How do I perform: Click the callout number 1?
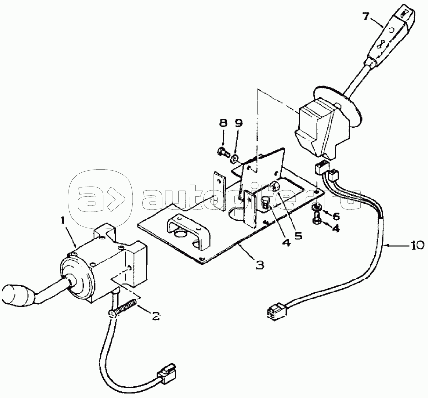[x=63, y=220]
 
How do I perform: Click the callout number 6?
[x=335, y=217]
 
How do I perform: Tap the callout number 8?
[x=223, y=123]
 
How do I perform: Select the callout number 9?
[x=238, y=123]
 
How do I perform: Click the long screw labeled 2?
[x=122, y=307]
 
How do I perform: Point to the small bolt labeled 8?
[x=223, y=151]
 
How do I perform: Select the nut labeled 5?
[x=274, y=187]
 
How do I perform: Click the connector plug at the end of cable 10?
[x=276, y=312]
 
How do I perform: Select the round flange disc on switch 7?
[x=338, y=109]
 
